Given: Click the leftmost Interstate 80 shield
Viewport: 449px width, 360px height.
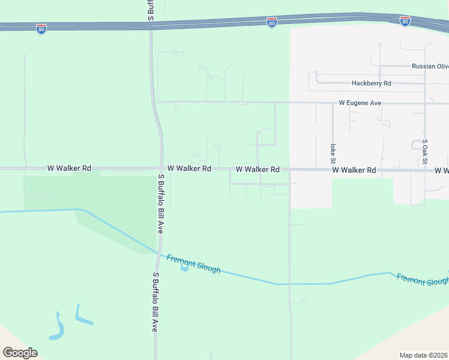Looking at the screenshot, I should click(x=41, y=29).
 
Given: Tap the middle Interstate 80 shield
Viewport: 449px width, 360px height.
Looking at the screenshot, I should click(x=272, y=22).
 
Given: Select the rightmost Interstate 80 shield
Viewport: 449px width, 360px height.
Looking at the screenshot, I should click(x=405, y=21).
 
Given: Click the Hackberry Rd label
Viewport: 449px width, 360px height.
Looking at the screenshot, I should click(x=372, y=83).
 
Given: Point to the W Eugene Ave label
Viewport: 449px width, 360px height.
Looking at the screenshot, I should click(x=360, y=103).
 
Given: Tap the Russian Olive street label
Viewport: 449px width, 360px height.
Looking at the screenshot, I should click(x=430, y=67).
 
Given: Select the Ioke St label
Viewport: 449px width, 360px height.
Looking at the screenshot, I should click(x=332, y=154).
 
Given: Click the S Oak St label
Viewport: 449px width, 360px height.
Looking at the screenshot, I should click(x=424, y=151).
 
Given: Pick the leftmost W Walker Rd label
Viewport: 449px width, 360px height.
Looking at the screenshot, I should click(x=69, y=169).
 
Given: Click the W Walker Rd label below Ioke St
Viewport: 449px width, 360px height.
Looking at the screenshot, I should click(x=354, y=170).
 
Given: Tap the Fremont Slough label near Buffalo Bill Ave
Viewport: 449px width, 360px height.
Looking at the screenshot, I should click(x=193, y=263).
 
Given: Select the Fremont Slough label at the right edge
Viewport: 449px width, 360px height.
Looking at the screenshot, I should click(x=423, y=280).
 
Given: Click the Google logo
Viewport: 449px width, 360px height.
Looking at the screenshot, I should click(x=20, y=352).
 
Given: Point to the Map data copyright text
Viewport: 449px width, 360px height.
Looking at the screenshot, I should click(x=423, y=355).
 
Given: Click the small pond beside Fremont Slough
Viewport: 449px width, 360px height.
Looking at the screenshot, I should click(x=184, y=267).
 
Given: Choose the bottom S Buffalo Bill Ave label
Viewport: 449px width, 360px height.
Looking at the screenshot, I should click(x=154, y=302).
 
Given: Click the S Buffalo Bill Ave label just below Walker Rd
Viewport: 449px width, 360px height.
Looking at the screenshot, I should click(x=161, y=203).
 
